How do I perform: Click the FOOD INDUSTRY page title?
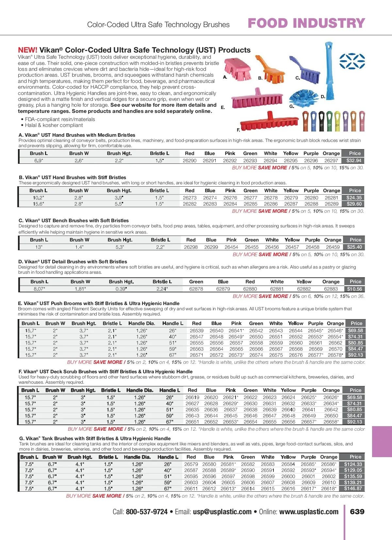click(306, 23)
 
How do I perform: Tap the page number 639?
click(357, 512)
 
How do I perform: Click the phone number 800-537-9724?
click(147, 512)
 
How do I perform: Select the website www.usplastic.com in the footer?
click(309, 512)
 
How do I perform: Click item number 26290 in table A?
click(189, 161)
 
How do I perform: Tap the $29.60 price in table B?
click(354, 204)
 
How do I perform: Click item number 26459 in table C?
click(333, 247)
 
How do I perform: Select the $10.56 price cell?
click(354, 289)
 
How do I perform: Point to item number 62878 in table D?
click(196, 289)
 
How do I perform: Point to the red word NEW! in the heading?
click(27, 50)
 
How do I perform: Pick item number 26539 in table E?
click(196, 331)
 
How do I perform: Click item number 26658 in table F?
click(331, 422)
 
